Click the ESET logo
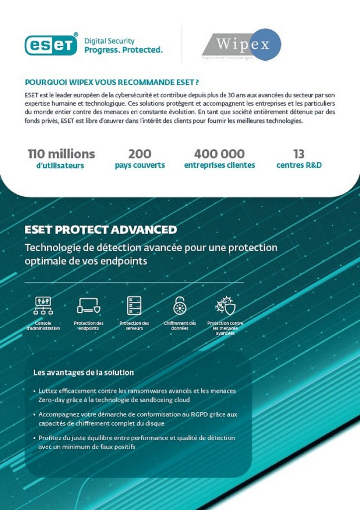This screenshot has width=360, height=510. point(51,45)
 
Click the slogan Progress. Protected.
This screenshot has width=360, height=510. point(123,50)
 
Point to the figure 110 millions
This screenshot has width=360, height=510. point(61,153)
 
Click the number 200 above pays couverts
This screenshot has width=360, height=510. point(140,153)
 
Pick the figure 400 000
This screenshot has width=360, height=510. point(219,153)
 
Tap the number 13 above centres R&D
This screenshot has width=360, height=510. point(299,153)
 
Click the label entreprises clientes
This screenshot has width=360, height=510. point(219,165)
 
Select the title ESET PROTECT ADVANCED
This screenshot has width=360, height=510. point(100,230)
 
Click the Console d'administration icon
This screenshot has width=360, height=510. point(43,305)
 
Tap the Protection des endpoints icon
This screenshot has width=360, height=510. point(89,305)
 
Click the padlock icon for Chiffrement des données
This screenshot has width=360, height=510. point(180,305)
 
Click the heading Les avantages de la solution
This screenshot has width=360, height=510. point(83,372)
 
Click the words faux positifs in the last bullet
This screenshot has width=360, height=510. point(118,447)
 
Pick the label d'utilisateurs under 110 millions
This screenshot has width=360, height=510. point(60,165)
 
